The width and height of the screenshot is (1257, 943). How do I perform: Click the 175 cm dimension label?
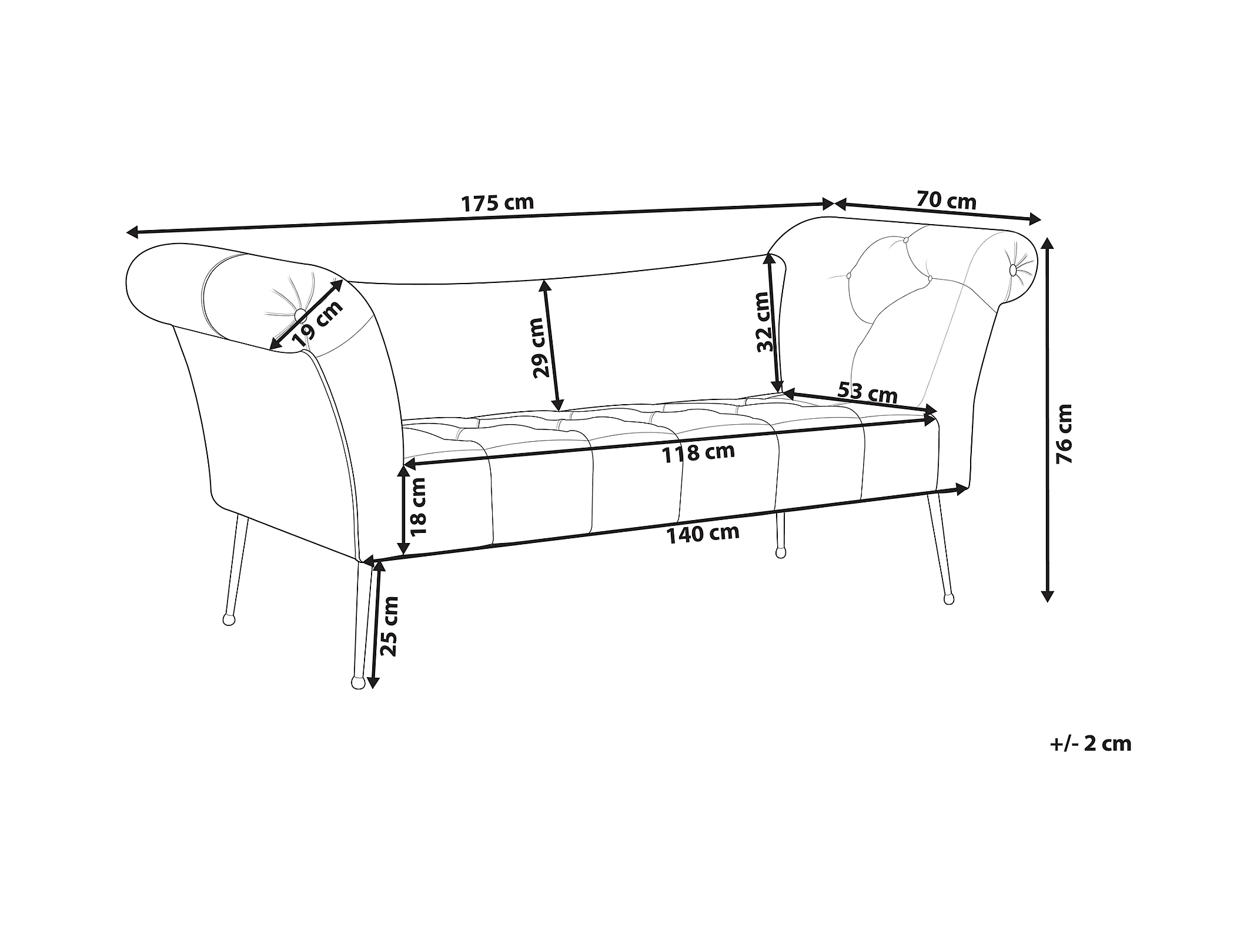click(497, 203)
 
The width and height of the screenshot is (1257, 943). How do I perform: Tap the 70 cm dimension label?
click(946, 201)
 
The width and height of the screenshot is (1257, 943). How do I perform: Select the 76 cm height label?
click(1064, 425)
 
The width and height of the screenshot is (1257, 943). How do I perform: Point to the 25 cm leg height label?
click(389, 626)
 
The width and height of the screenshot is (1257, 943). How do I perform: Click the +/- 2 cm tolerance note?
click(1090, 744)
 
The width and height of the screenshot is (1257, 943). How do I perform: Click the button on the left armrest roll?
click(300, 314)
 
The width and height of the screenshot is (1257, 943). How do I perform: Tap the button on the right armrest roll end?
click(1012, 269)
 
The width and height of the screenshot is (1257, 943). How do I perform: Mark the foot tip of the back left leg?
click(228, 619)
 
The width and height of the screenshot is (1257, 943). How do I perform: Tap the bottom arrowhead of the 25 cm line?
click(372, 683)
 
